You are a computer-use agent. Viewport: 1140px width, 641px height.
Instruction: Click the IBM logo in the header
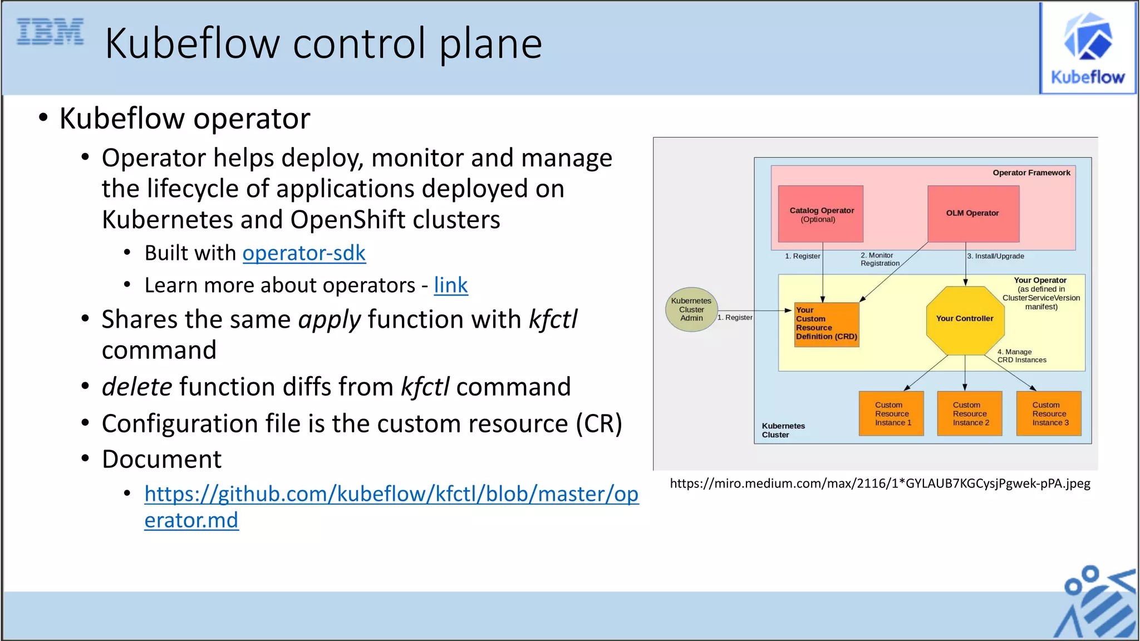coord(50,32)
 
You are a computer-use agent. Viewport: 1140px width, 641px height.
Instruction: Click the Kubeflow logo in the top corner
coord(1088,48)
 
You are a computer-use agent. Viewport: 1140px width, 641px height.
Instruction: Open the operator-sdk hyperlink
coord(304,253)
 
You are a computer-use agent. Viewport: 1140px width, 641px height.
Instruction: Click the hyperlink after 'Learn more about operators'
coord(450,285)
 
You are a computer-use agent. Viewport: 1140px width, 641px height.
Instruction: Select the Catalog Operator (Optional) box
coord(820,214)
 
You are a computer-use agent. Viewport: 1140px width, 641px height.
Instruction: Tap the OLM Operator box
coord(973,214)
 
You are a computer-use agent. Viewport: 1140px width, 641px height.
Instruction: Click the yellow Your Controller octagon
coord(965,319)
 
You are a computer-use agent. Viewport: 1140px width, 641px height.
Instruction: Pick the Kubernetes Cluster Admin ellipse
coord(691,310)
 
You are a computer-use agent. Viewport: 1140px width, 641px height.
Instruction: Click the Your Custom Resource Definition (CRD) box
coord(827,324)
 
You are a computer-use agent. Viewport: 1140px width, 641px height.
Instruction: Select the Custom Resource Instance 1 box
coord(892,414)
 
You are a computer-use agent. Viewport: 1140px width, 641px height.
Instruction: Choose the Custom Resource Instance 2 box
coord(970,414)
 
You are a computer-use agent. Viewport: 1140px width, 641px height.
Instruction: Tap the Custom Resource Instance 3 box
coord(1049,414)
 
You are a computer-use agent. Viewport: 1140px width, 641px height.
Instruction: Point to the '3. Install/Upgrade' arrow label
coord(996,257)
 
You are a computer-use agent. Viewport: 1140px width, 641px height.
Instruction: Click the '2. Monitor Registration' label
coord(879,259)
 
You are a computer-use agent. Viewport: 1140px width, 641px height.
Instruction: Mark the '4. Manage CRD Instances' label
coord(1021,356)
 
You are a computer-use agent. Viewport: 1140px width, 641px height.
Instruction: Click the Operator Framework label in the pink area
coord(1031,173)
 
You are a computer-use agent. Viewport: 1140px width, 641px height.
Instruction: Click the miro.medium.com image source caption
coord(879,484)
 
